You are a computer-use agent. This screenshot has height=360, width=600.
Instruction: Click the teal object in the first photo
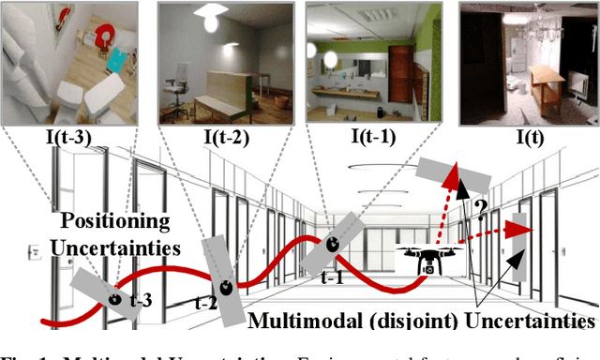(x=114, y=61)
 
